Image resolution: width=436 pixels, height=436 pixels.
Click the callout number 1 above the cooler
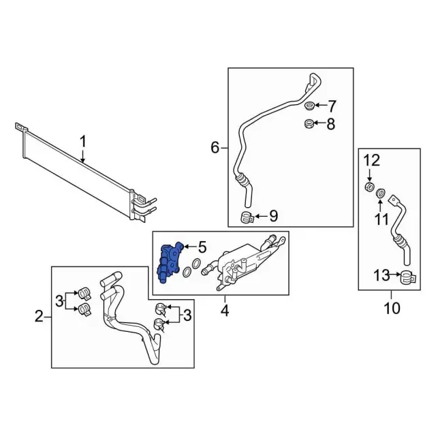click(83, 142)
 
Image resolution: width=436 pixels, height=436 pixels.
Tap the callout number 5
click(202, 247)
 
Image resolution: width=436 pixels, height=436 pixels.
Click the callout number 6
click(215, 148)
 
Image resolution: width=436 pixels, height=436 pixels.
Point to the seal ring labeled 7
click(309, 106)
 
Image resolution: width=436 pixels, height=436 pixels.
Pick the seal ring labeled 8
click(309, 123)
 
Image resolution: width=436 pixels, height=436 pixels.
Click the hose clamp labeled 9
click(247, 217)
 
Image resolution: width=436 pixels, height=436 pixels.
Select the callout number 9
click(273, 216)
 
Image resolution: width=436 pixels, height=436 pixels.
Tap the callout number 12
click(371, 161)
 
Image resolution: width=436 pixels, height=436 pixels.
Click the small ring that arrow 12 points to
click(369, 187)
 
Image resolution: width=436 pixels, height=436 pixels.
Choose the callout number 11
click(381, 219)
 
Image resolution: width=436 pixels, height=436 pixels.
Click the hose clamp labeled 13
click(408, 277)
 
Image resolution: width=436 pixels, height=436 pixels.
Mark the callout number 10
click(392, 308)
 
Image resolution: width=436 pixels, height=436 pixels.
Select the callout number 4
click(225, 311)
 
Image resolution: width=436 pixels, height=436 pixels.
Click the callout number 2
click(39, 316)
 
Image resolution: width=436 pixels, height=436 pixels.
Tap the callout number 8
click(330, 124)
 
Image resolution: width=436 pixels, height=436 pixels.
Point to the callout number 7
click(332, 106)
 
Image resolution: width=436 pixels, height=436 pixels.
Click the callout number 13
click(381, 275)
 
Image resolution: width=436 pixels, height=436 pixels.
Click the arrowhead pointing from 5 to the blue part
click(185, 247)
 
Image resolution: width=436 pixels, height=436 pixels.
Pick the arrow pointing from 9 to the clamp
click(261, 216)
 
